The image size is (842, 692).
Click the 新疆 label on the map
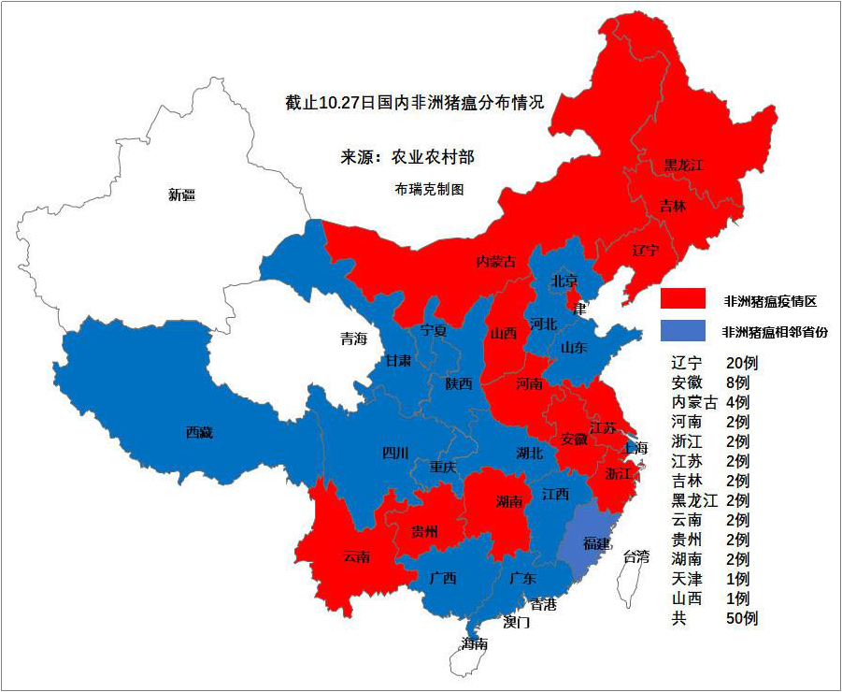point(181,195)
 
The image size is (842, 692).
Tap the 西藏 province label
point(199,432)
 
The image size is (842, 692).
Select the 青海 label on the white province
point(353,339)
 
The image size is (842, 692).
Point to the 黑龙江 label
point(683,165)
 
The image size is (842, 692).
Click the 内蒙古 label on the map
point(496,262)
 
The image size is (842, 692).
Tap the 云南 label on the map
point(356,557)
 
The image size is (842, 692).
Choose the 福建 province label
point(596,543)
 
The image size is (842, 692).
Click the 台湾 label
point(636,556)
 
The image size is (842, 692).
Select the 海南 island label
point(474,643)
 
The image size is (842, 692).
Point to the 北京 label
point(564,280)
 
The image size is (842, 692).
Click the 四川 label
point(395,454)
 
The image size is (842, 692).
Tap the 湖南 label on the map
point(509,502)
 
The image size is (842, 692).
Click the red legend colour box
point(682,298)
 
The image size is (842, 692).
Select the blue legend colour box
point(682,330)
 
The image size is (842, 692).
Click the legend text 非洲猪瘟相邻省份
point(775,331)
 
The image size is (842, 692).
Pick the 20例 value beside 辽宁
point(740,363)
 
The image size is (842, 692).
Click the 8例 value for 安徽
point(736,382)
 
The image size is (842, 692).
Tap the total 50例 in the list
point(740,618)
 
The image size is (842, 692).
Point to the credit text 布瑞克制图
point(430,189)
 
